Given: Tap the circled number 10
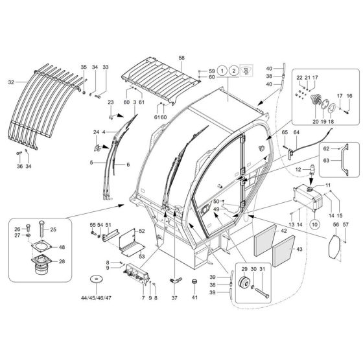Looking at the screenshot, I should (314, 225).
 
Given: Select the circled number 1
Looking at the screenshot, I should (222, 71).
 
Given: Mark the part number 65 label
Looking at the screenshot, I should (284, 132).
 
